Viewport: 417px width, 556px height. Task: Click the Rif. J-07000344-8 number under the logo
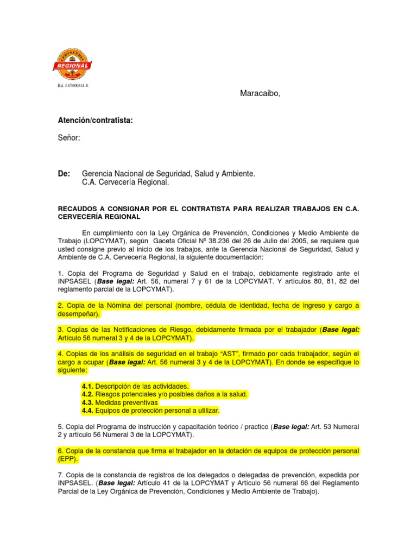(x=72, y=86)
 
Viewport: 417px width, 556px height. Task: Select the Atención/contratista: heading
(x=95, y=120)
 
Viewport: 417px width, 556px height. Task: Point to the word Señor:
(x=69, y=138)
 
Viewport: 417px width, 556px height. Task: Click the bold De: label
(x=64, y=174)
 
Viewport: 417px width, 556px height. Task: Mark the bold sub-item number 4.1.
(x=87, y=386)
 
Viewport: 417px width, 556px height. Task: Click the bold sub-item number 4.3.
(x=87, y=402)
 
